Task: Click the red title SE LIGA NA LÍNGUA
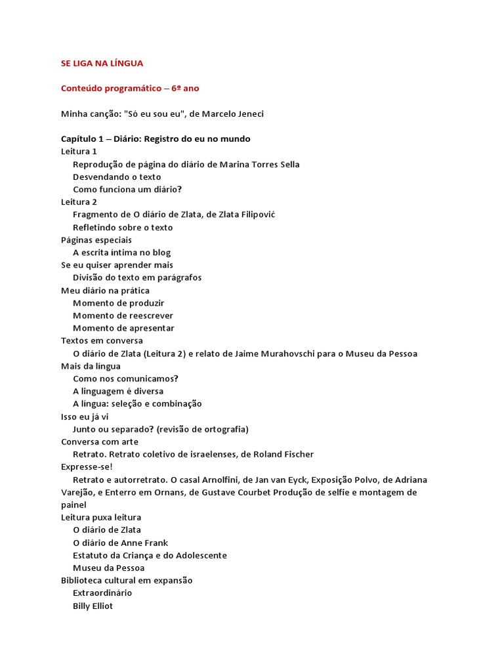pos(102,63)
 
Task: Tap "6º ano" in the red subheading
pos(185,88)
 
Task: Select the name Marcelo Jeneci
pos(233,114)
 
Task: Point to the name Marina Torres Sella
pos(260,164)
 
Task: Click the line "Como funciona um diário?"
pos(127,189)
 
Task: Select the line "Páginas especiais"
pos(96,240)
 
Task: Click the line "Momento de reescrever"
pos(123,315)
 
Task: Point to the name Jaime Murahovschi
pos(303,353)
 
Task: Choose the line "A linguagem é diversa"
pos(118,391)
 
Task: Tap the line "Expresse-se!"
pos(87,467)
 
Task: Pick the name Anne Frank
pos(144,543)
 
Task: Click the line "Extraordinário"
pos(102,593)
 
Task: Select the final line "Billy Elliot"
pos(93,606)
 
